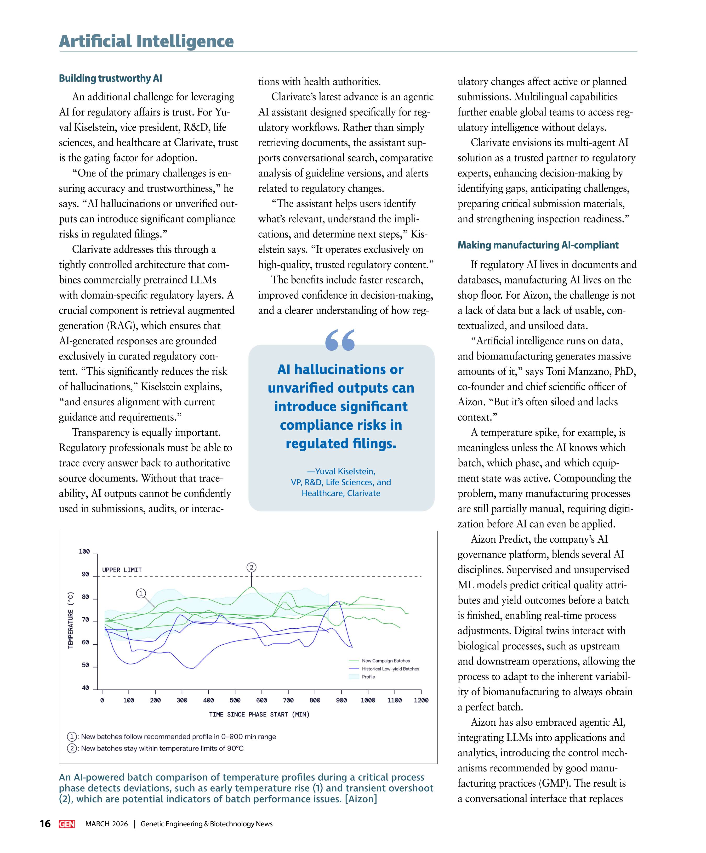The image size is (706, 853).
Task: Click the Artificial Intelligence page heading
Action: tap(146, 41)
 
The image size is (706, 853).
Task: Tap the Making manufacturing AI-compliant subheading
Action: tap(538, 245)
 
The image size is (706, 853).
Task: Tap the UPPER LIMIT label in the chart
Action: tap(122, 570)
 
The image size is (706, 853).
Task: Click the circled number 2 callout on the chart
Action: tap(252, 567)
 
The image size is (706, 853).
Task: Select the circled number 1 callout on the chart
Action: tap(141, 593)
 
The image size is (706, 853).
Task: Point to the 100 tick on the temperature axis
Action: tap(84, 551)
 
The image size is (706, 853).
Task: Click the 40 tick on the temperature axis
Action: tap(85, 688)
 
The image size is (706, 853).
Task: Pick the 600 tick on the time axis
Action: tap(261, 700)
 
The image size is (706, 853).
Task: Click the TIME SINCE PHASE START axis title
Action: tap(259, 714)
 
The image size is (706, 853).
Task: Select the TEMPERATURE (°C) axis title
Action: tap(71, 620)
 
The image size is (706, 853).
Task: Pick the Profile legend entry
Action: tap(368, 677)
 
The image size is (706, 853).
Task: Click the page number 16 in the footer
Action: tap(45, 824)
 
